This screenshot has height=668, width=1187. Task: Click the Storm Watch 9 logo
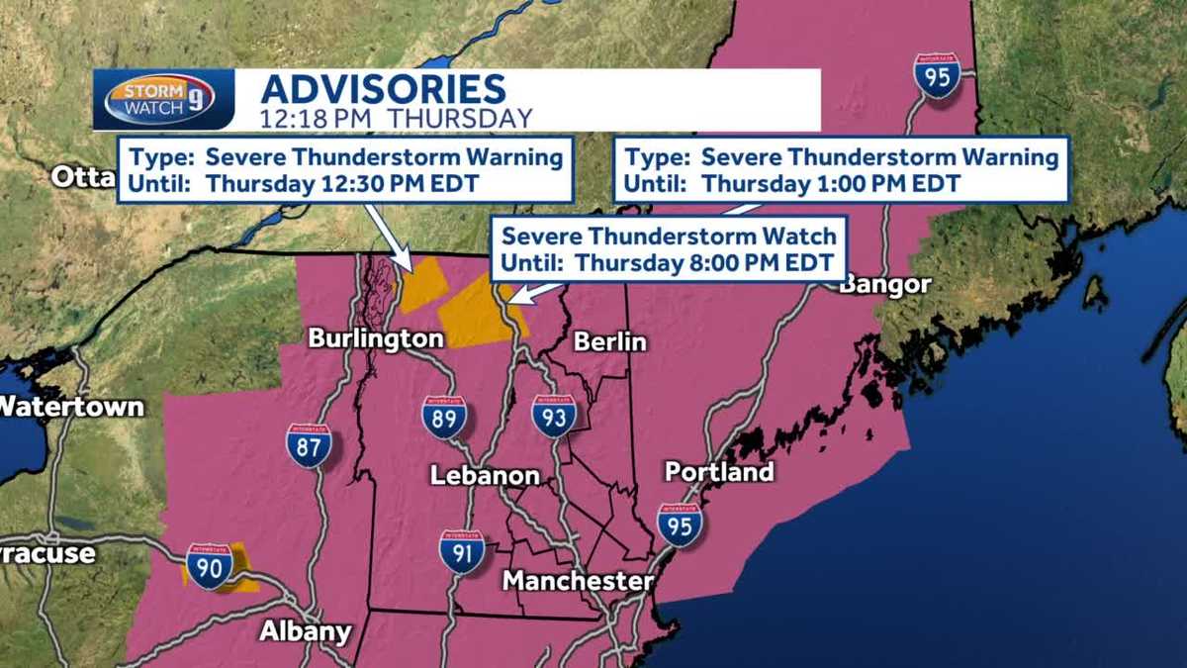coord(162,100)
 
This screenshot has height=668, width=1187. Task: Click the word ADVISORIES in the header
coord(383,89)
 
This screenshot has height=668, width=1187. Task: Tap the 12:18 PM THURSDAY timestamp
coord(396,118)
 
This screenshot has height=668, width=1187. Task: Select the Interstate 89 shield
coord(444,417)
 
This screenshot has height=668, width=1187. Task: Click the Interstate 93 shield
coord(553,417)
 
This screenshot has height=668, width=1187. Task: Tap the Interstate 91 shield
coord(462,551)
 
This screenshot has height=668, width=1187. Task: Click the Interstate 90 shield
coord(210,566)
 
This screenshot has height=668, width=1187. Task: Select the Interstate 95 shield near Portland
coord(680,525)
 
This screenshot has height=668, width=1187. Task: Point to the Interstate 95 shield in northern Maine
coord(936,76)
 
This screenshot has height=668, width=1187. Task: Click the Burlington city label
coord(376,338)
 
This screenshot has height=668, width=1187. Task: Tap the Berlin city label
coord(610,342)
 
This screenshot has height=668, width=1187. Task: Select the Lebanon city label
coord(485,476)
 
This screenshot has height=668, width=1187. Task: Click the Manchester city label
coord(578,581)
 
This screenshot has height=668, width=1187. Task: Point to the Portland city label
coord(719,472)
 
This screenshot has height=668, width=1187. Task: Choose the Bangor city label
coord(885,285)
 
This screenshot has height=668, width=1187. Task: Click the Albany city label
coord(305,631)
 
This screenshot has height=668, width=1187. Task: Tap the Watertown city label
coord(71,406)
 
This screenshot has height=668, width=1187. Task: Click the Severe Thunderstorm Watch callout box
coord(669,249)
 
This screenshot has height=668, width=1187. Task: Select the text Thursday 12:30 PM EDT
coord(343,183)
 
